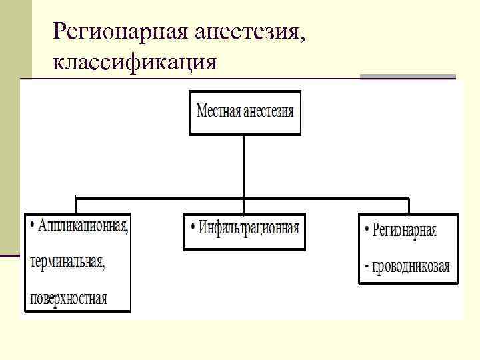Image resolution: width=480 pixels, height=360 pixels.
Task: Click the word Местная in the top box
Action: pyautogui.click(x=219, y=111)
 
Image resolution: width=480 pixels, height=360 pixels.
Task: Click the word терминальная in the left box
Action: pyautogui.click(x=67, y=262)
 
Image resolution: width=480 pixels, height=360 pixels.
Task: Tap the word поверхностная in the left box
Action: pyautogui.click(x=68, y=297)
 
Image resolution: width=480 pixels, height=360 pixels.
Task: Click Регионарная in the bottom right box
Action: pyautogui.click(x=405, y=231)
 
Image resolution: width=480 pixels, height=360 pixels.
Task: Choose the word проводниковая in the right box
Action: pyautogui.click(x=411, y=267)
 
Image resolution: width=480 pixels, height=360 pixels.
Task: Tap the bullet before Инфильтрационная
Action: pyautogui.click(x=193, y=227)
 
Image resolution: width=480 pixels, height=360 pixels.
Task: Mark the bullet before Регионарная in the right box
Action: pyautogui.click(x=367, y=231)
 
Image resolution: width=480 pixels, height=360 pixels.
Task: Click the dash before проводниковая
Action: pyautogui.click(x=367, y=268)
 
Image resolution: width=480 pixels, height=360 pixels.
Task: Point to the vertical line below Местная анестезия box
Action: pyautogui.click(x=244, y=167)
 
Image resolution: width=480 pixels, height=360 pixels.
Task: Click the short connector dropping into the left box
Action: pyautogui.click(x=77, y=205)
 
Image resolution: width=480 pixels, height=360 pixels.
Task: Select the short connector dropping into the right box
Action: pyautogui.click(x=408, y=205)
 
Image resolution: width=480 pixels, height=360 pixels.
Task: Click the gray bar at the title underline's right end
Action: pyautogui.click(x=407, y=77)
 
